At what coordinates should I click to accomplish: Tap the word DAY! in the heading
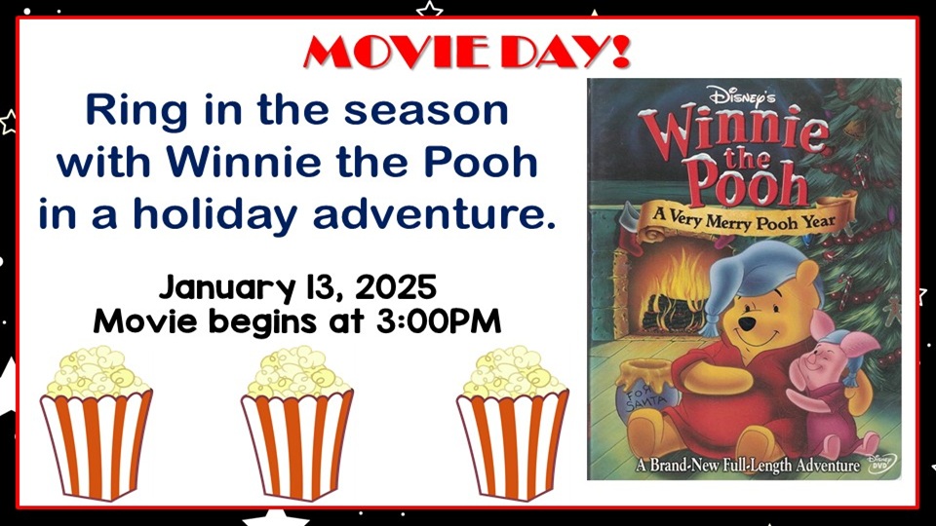click(565, 52)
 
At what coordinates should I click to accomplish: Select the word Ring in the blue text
click(136, 112)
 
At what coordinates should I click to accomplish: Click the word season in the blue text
click(426, 111)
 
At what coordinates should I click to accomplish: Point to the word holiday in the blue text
click(214, 214)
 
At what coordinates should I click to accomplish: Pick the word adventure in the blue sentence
click(434, 214)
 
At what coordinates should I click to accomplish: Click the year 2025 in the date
click(396, 287)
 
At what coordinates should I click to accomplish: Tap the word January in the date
click(226, 288)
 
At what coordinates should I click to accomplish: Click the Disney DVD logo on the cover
click(881, 463)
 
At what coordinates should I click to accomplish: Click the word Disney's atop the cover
click(741, 95)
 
